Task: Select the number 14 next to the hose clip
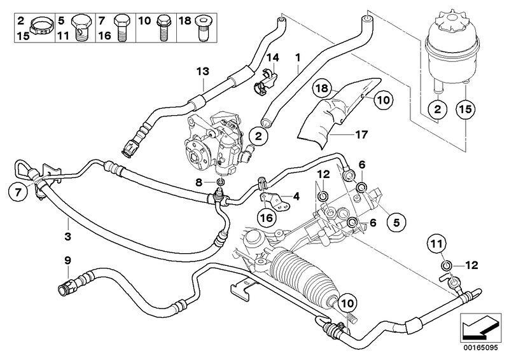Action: point(272,58)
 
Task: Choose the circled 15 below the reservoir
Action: point(466,110)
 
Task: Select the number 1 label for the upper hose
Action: point(298,58)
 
